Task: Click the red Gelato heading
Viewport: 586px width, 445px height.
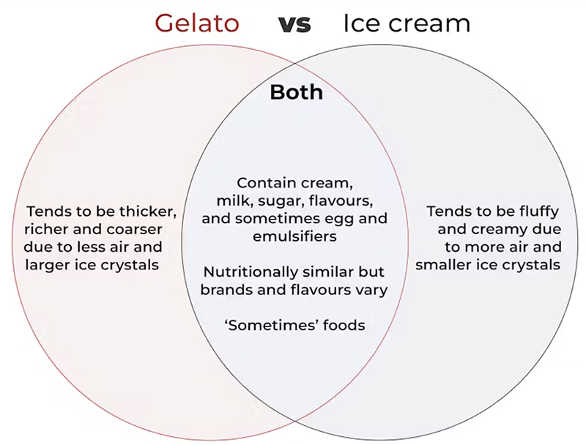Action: click(196, 23)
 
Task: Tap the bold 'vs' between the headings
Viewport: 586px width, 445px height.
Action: click(294, 24)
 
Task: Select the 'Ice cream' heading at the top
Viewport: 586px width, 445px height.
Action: click(407, 23)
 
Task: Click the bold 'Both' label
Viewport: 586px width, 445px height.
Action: click(296, 92)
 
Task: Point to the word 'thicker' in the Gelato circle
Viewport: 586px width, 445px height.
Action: click(151, 212)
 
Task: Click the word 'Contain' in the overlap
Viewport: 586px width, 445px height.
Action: click(262, 183)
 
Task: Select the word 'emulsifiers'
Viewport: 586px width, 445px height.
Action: click(296, 236)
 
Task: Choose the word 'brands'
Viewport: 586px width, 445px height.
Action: click(229, 289)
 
